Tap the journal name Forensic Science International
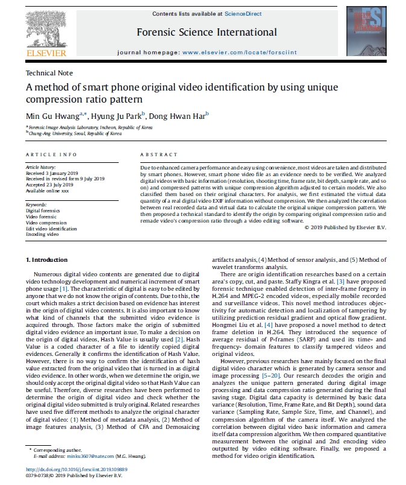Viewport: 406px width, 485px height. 207,32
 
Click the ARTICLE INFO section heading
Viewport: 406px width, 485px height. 51,154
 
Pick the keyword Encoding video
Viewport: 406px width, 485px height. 42,234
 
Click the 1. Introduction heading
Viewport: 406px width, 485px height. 49,259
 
